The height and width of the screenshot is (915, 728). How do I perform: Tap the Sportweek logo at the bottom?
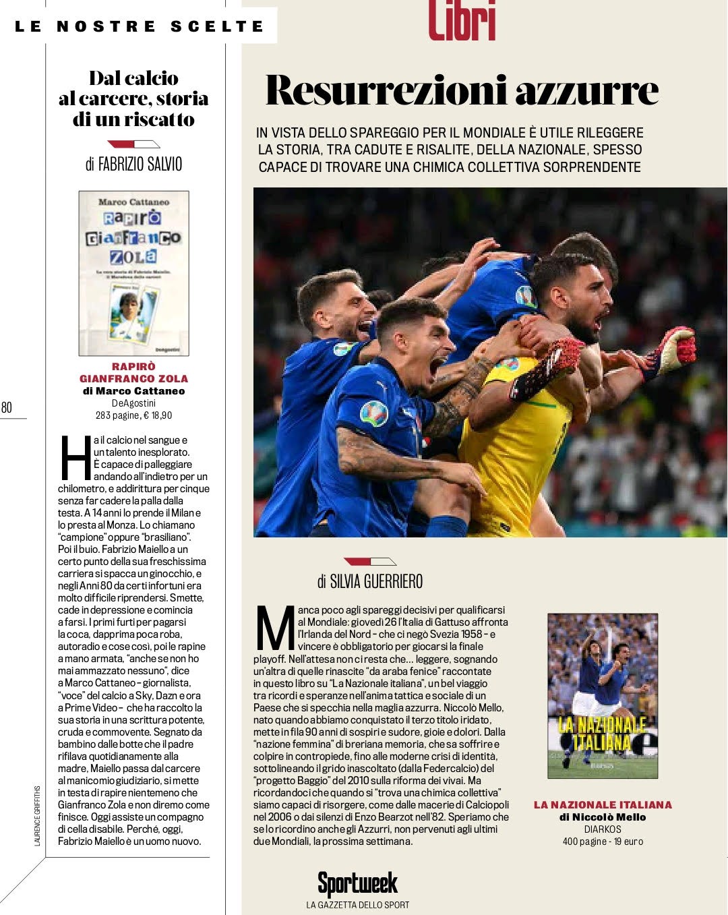point(357,883)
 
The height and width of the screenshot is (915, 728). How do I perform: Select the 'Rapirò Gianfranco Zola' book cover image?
point(133,273)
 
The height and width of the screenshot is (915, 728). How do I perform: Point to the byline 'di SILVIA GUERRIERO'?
point(370,581)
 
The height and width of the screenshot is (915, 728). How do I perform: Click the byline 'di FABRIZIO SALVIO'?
point(133,164)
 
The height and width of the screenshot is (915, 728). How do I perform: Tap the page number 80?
point(7,407)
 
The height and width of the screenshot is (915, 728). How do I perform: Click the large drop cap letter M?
point(275,628)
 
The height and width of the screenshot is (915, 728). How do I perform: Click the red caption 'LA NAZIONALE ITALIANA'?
point(603,804)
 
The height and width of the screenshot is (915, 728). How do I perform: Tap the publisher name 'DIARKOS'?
point(603,829)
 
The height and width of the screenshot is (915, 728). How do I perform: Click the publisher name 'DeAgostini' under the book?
point(133,403)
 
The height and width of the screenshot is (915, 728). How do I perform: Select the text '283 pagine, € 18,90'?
point(133,415)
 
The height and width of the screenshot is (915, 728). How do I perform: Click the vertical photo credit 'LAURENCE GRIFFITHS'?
point(38,815)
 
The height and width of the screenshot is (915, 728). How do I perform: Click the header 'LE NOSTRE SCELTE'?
point(140,26)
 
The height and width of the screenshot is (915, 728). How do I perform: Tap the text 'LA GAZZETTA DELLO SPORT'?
point(357,905)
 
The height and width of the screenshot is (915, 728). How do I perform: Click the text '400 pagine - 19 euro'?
point(603,842)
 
